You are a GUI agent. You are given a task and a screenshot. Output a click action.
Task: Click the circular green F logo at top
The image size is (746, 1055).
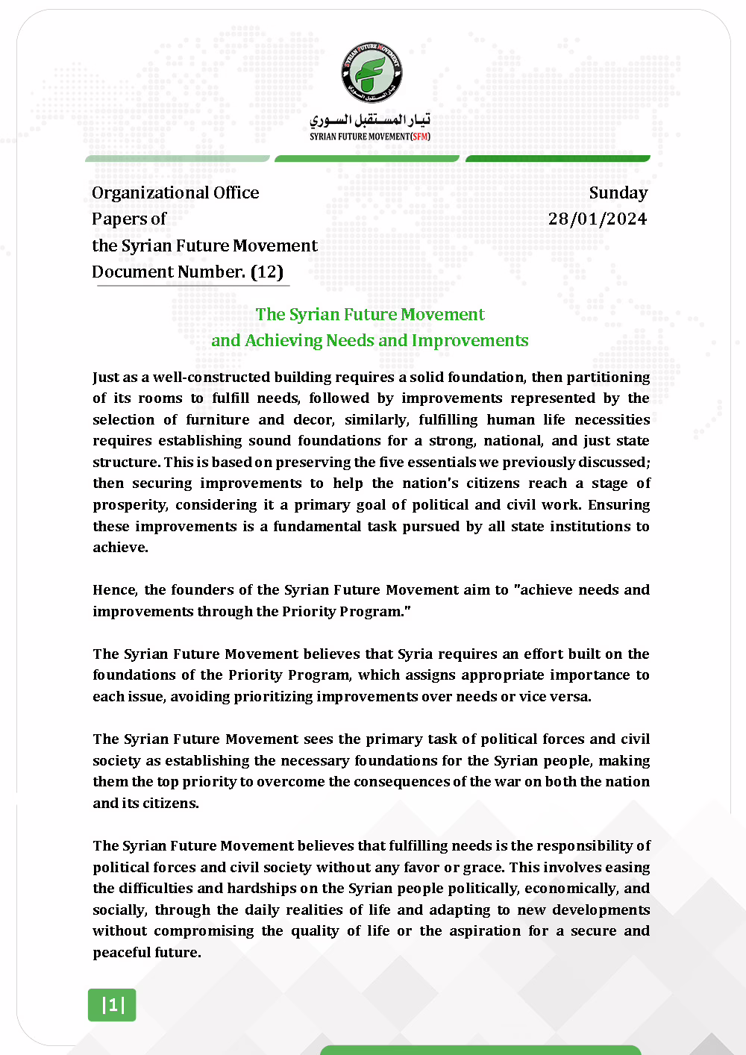tap(372, 72)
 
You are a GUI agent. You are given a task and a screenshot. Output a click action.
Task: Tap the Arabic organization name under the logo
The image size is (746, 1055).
tap(370, 119)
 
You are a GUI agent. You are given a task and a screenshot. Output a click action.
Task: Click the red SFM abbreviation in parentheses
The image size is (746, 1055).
tap(421, 137)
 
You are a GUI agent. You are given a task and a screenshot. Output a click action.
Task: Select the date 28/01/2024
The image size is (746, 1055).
tap(598, 219)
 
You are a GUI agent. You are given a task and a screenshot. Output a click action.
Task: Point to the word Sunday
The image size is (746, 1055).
tap(618, 192)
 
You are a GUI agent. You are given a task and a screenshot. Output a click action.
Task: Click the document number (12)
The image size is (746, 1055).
tap(267, 272)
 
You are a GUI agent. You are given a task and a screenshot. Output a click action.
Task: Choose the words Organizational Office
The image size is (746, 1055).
tap(175, 192)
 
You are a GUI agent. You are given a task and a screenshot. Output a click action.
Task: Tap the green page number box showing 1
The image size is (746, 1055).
tap(113, 1005)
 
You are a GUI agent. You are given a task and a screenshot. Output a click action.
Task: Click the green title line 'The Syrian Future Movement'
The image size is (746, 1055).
tap(370, 314)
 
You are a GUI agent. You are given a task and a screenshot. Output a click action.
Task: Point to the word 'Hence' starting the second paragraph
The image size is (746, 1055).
tap(114, 590)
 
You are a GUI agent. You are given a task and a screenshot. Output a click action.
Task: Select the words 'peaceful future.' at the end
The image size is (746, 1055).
tap(147, 953)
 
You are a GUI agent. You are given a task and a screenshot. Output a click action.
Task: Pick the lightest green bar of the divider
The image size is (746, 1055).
tap(178, 158)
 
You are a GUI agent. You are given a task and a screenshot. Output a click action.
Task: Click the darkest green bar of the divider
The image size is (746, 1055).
tap(558, 158)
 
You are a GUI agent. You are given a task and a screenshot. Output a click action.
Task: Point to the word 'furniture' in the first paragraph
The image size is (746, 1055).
tap(217, 420)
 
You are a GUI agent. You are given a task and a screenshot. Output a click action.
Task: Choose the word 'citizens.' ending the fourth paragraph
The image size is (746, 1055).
tap(175, 804)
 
